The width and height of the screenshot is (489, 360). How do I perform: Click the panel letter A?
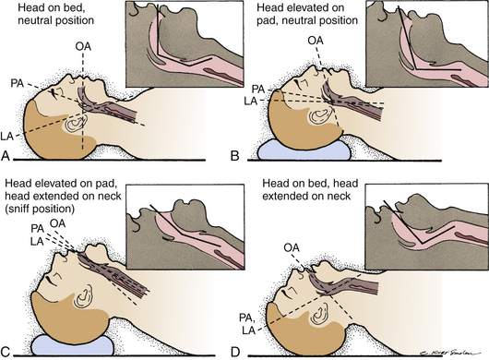(6, 155)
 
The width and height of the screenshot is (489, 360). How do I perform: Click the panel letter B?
(235, 155)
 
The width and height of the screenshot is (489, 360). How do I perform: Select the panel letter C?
(6, 352)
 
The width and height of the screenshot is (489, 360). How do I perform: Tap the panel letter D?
(235, 352)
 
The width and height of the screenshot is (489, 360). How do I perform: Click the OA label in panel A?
(83, 46)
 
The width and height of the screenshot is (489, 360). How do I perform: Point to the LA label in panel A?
(6, 136)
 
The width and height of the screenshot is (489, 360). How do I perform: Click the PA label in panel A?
(18, 83)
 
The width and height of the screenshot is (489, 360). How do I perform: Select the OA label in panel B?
(316, 41)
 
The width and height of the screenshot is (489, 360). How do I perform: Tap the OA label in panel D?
(292, 248)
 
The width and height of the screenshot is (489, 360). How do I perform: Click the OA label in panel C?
(58, 223)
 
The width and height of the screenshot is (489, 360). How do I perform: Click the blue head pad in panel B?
(304, 151)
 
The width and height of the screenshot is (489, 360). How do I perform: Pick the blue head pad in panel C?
(73, 345)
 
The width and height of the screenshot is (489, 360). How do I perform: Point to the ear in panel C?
(83, 296)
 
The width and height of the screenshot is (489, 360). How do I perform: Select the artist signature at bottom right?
(447, 353)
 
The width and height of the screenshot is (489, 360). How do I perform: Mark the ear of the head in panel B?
(320, 116)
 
